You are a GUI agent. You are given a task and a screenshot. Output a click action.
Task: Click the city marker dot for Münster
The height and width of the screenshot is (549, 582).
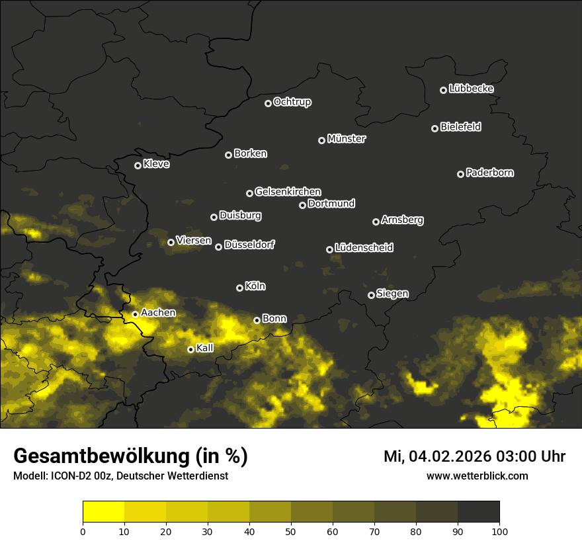point(322,140)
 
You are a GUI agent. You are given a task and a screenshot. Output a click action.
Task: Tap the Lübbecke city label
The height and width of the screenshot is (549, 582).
point(471,89)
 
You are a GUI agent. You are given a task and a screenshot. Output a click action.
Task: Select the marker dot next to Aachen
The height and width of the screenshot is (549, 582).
point(135,314)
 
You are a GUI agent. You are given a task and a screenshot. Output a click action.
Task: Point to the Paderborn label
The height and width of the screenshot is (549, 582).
point(490,173)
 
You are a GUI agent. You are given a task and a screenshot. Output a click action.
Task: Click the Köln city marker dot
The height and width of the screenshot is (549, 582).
point(239,288)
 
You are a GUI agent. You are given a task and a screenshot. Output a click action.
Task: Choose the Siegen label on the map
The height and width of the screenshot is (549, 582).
point(392,294)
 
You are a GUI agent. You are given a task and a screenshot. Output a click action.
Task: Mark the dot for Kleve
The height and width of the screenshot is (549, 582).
point(138,165)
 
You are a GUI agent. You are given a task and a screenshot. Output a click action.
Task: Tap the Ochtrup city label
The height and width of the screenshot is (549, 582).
point(292,102)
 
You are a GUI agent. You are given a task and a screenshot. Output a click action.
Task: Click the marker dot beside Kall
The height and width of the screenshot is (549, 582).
point(190,349)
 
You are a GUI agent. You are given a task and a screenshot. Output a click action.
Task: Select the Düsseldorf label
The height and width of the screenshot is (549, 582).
point(249,245)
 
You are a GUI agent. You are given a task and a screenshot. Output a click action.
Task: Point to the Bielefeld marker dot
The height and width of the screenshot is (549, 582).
point(435,128)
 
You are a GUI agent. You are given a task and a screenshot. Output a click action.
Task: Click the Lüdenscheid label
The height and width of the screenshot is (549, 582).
point(364,248)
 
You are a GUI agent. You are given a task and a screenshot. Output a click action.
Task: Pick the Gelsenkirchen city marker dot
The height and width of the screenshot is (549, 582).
point(249,193)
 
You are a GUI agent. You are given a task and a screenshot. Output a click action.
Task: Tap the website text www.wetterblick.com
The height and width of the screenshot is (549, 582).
point(477,476)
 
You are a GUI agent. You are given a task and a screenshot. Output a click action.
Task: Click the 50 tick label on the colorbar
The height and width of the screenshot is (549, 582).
point(291,531)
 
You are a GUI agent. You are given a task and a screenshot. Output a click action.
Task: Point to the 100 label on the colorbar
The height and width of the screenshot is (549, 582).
point(499,531)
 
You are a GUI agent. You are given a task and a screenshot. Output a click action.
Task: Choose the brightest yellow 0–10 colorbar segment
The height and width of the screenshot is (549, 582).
point(104,511)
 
